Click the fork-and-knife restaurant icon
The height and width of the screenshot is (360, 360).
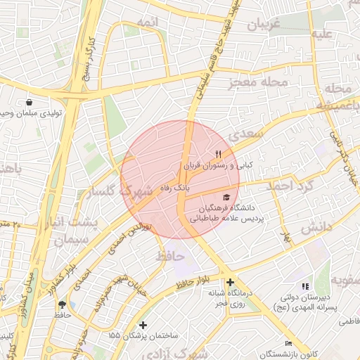click(218, 154)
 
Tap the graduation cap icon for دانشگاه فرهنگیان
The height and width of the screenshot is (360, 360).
click(226, 198)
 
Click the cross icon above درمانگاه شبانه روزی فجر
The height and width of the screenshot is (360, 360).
click(230, 282)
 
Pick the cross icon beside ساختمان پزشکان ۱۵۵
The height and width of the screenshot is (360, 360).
click(143, 325)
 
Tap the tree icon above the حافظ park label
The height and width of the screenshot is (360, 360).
click(63, 304)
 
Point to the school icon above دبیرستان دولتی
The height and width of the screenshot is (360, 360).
click(304, 286)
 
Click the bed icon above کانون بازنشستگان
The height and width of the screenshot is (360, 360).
click(288, 343)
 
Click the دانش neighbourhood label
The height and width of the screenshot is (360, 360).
click(316, 229)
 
